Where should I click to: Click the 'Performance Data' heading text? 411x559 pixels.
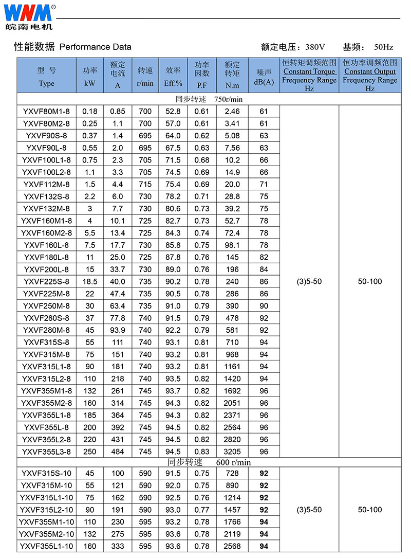tap(95, 47)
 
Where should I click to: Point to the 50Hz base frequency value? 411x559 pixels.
tap(383, 47)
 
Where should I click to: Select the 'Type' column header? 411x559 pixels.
tap(46, 84)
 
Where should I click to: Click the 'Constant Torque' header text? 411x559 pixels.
tap(309, 71)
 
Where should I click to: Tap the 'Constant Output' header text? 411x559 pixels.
tap(370, 71)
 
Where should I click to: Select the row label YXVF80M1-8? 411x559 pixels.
tap(46, 111)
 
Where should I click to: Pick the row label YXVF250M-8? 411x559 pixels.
tap(46, 306)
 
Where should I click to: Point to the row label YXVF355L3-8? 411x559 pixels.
tap(46, 452)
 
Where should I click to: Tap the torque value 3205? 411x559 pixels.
tap(232, 452)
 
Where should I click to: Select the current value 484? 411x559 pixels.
tap(118, 452)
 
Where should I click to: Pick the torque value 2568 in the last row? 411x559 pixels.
tap(232, 547)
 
